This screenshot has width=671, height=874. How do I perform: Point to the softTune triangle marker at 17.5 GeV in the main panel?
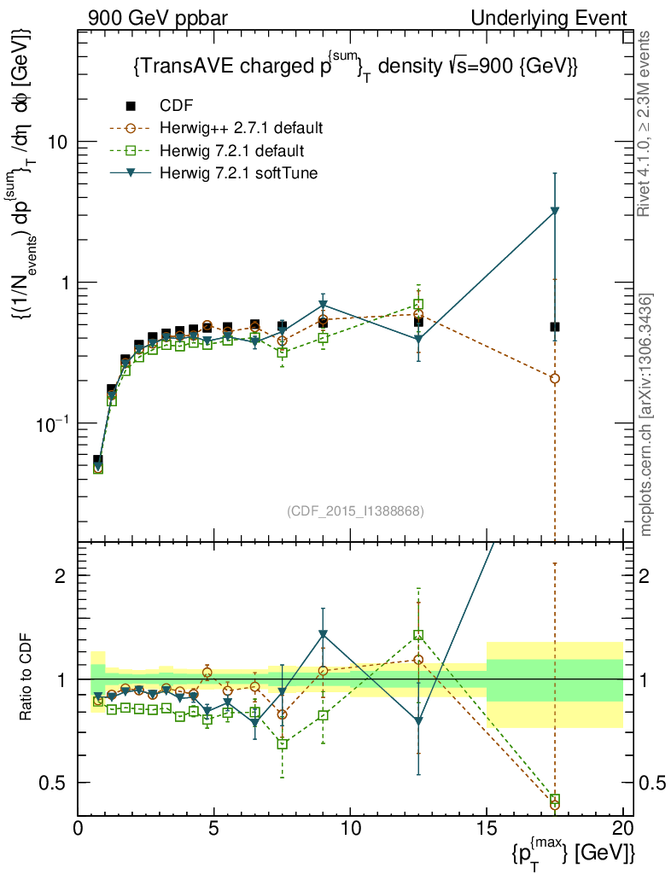[555, 211]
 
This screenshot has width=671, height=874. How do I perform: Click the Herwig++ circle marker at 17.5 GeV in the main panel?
[555, 378]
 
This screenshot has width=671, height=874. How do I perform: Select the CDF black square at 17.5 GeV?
[555, 327]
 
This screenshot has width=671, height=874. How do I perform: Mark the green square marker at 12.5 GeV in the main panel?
[418, 305]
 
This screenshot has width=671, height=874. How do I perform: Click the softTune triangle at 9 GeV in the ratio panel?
[323, 634]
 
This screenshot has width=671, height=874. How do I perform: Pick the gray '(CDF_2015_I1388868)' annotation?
[356, 510]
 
